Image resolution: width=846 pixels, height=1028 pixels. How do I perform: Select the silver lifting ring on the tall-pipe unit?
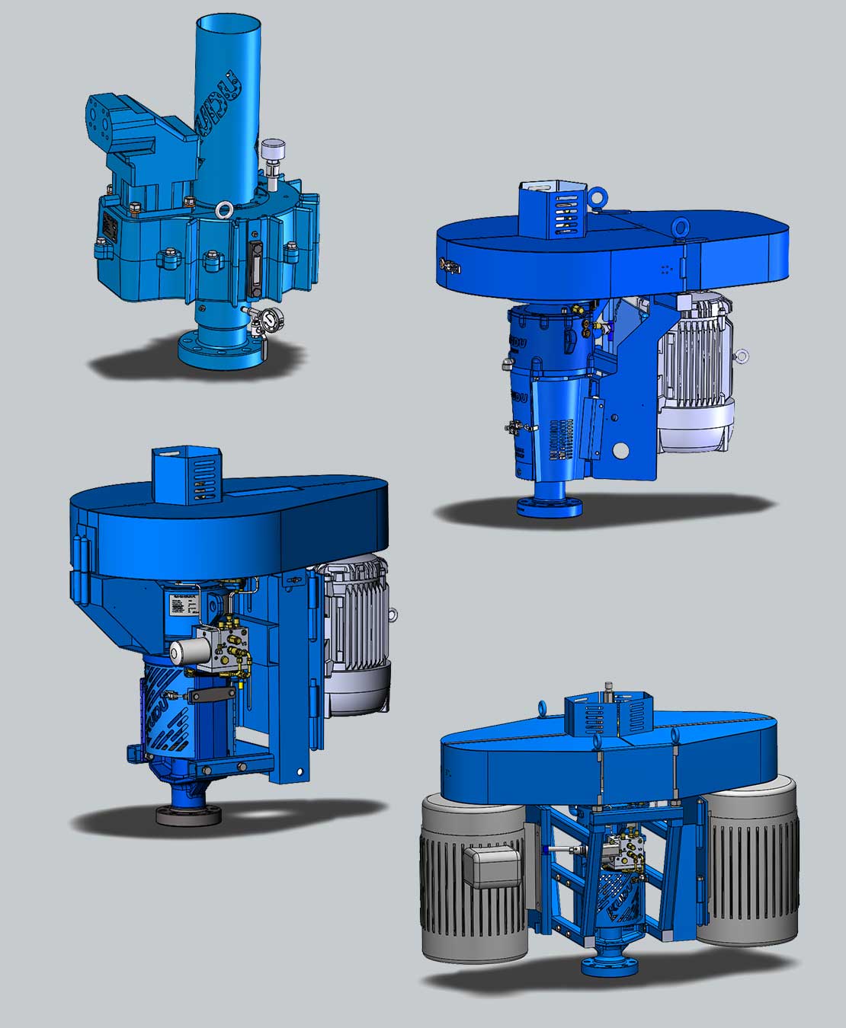click(223, 209)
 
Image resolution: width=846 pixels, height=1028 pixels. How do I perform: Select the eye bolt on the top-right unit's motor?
click(741, 354)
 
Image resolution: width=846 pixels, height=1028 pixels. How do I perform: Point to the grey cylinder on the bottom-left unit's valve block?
click(183, 652)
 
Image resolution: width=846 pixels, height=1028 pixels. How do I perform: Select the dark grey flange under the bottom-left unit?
click(188, 815)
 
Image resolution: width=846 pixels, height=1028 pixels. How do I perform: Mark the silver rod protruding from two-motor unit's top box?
click(608, 691)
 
